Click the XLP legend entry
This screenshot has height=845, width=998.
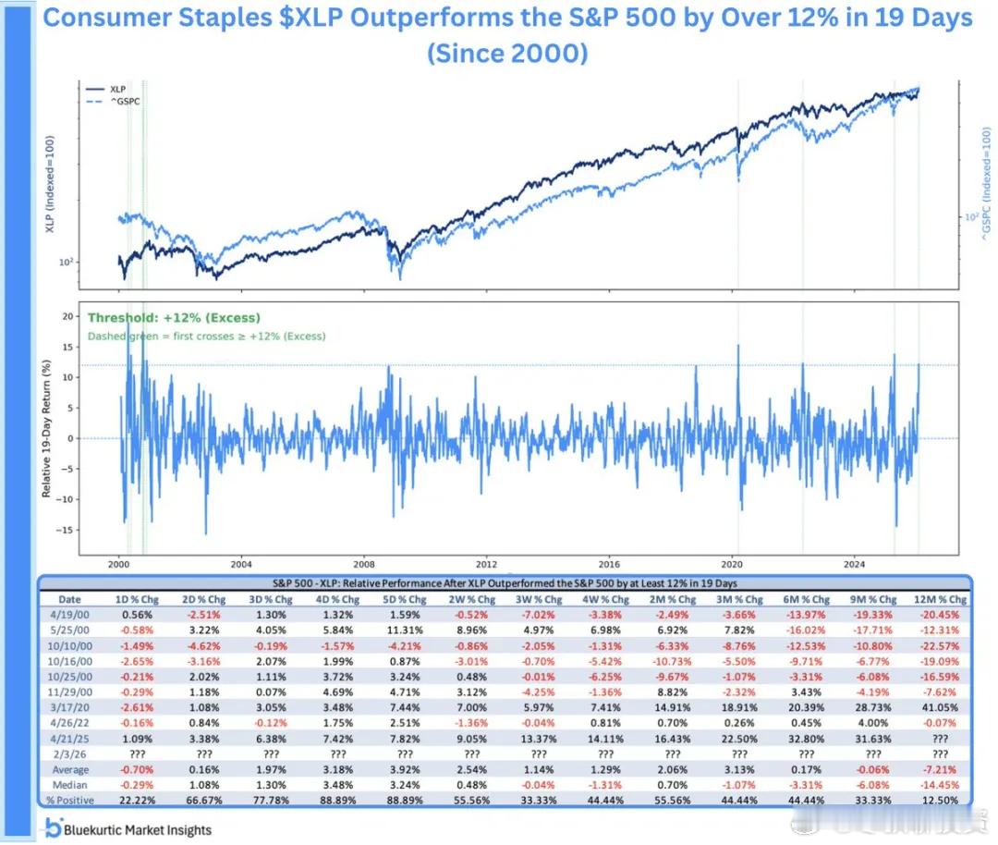[116, 88]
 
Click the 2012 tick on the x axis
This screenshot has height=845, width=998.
[486, 562]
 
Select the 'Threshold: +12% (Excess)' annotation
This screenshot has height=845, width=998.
[174, 318]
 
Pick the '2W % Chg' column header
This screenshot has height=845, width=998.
[466, 599]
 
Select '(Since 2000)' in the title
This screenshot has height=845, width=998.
[506, 53]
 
